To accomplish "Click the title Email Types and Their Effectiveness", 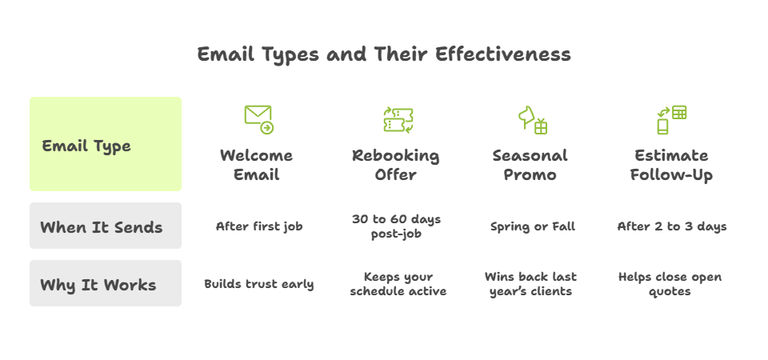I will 384,54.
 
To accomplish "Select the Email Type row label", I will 86,146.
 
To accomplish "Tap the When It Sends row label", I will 102,227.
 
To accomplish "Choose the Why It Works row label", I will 98,285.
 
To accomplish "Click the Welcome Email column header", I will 257,165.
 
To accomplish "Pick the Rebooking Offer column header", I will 396,165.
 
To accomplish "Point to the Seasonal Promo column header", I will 530,165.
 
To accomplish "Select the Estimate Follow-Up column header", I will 671,165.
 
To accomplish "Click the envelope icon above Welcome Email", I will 258,119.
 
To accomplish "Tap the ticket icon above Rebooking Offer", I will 398,119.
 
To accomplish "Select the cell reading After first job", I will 259,226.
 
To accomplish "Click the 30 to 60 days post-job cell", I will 396,226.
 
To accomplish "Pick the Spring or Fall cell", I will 533,226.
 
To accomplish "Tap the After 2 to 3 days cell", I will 672,226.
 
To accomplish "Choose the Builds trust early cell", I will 259,284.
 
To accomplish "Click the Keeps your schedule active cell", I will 398,284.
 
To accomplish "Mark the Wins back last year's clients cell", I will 530,284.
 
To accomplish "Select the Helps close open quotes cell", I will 670,284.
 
